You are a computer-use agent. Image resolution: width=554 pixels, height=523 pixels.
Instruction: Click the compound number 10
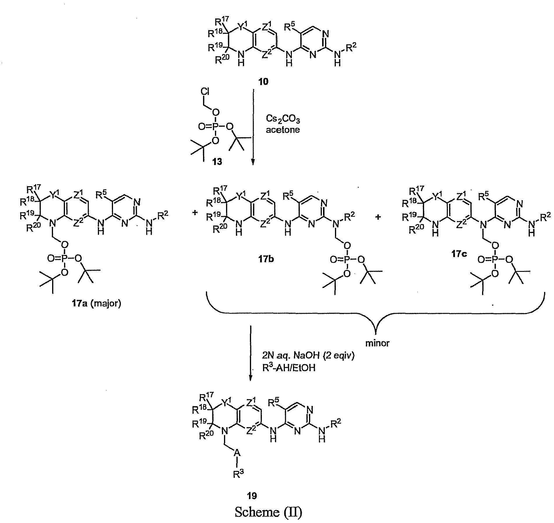point(264,82)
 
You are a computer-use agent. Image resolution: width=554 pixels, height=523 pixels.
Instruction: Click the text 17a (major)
point(92,304)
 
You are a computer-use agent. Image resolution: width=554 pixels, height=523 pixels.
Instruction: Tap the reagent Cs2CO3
point(283,119)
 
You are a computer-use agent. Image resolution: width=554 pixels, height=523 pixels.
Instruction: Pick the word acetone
point(283,130)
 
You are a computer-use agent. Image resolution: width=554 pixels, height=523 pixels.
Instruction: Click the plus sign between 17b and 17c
point(378,217)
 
